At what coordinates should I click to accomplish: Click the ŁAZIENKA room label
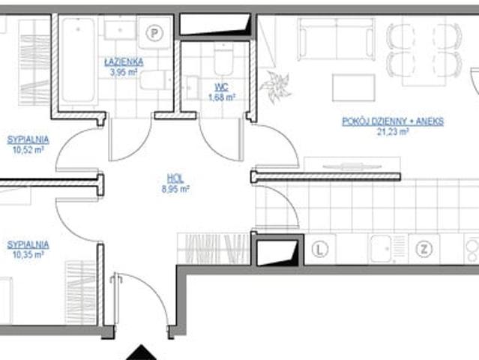[x=124, y=62]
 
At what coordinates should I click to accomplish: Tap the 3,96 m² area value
[x=124, y=73]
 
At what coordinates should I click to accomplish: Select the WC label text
[x=221, y=88]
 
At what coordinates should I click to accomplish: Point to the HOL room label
[x=175, y=178]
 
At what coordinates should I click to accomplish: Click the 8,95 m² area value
[x=175, y=189]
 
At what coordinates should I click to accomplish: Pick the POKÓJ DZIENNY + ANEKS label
[x=393, y=121]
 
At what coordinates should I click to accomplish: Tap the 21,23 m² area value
[x=393, y=132]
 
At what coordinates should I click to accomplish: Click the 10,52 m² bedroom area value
[x=28, y=150]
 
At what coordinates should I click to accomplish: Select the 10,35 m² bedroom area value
[x=28, y=254]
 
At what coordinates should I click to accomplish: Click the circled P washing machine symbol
[x=154, y=33]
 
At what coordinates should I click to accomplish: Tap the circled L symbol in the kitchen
[x=320, y=250]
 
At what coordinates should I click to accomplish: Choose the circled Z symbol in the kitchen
[x=424, y=249]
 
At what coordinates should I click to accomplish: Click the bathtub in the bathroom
[x=78, y=60]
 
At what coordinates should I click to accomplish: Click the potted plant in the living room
[x=275, y=86]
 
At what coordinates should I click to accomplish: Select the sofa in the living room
[x=336, y=39]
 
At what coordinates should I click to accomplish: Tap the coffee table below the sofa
[x=354, y=88]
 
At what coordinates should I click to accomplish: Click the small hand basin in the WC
[x=191, y=88]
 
